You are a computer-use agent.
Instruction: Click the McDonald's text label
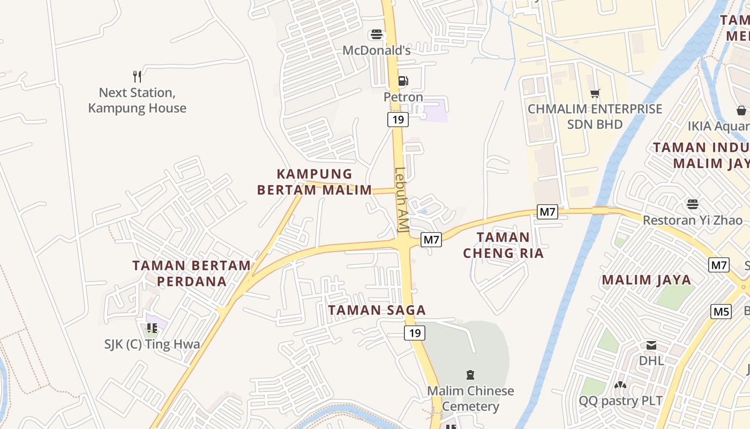pyautogui.click(x=376, y=50)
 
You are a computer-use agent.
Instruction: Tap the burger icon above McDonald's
pyautogui.click(x=376, y=35)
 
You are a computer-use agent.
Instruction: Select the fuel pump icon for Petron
pyautogui.click(x=403, y=82)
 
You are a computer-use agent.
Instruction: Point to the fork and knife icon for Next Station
pyautogui.click(x=137, y=77)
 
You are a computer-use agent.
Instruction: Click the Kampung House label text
pyautogui.click(x=137, y=108)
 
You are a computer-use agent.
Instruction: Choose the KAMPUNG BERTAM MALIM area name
pyautogui.click(x=314, y=182)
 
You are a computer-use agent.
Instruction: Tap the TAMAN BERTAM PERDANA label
pyautogui.click(x=191, y=273)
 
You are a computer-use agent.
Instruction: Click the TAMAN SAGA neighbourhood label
pyautogui.click(x=377, y=310)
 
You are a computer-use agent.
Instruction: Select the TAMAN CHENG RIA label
pyautogui.click(x=503, y=245)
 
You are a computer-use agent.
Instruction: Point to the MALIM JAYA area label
pyautogui.click(x=646, y=280)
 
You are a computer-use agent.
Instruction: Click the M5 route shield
pyautogui.click(x=721, y=311)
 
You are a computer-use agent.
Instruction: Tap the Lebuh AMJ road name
pyautogui.click(x=401, y=200)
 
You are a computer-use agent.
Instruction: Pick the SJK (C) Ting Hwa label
pyautogui.click(x=152, y=344)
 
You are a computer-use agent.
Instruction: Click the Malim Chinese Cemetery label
pyautogui.click(x=470, y=398)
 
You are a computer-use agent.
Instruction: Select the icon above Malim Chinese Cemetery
pyautogui.click(x=470, y=374)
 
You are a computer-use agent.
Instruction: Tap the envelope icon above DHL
pyautogui.click(x=651, y=345)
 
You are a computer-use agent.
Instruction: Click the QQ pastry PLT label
pyautogui.click(x=620, y=401)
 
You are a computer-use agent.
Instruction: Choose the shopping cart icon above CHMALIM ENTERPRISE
pyautogui.click(x=595, y=94)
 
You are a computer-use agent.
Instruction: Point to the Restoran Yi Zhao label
pyautogui.click(x=693, y=220)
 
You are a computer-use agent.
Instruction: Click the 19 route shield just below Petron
pyautogui.click(x=397, y=120)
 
